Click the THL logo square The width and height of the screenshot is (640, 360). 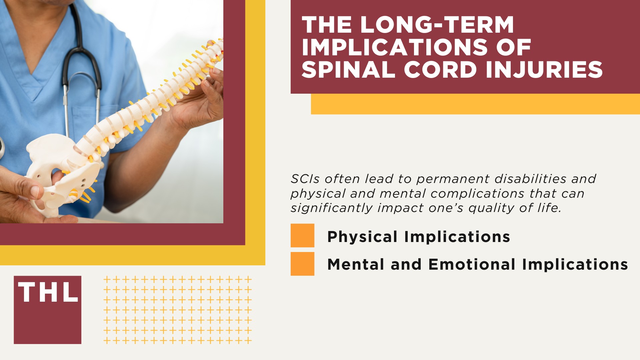tap(47, 310)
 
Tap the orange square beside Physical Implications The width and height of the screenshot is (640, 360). tap(302, 235)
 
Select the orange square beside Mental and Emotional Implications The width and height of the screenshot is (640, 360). tap(302, 264)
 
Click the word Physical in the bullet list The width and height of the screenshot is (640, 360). tap(362, 237)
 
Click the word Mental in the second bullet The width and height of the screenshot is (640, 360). tap(356, 264)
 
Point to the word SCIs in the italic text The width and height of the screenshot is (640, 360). tap(305, 179)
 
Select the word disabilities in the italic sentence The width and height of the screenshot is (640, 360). tap(530, 179)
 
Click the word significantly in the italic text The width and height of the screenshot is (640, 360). tap(331, 208)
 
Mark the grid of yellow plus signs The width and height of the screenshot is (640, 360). tap(177, 310)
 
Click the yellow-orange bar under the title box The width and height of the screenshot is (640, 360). tap(475, 104)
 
